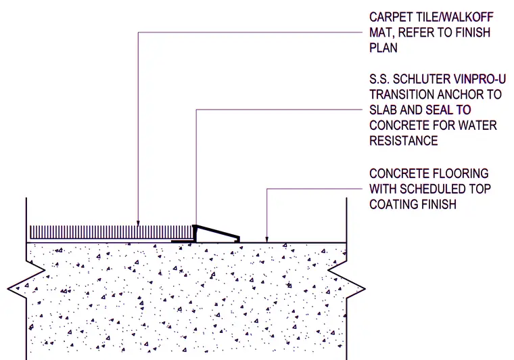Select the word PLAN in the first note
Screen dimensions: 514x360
coord(383,48)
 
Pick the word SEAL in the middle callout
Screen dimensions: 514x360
coord(439,110)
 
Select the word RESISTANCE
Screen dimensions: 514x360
coord(404,141)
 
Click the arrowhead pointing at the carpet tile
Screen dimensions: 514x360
coord(138,223)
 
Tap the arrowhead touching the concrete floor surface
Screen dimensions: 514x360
coord(267,240)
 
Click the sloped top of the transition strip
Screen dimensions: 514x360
coord(217,232)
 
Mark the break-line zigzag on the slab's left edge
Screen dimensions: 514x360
coord(26,279)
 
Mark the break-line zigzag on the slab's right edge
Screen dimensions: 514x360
coord(346,279)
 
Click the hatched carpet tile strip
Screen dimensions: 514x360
coord(112,232)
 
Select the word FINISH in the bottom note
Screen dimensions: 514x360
coord(439,204)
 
